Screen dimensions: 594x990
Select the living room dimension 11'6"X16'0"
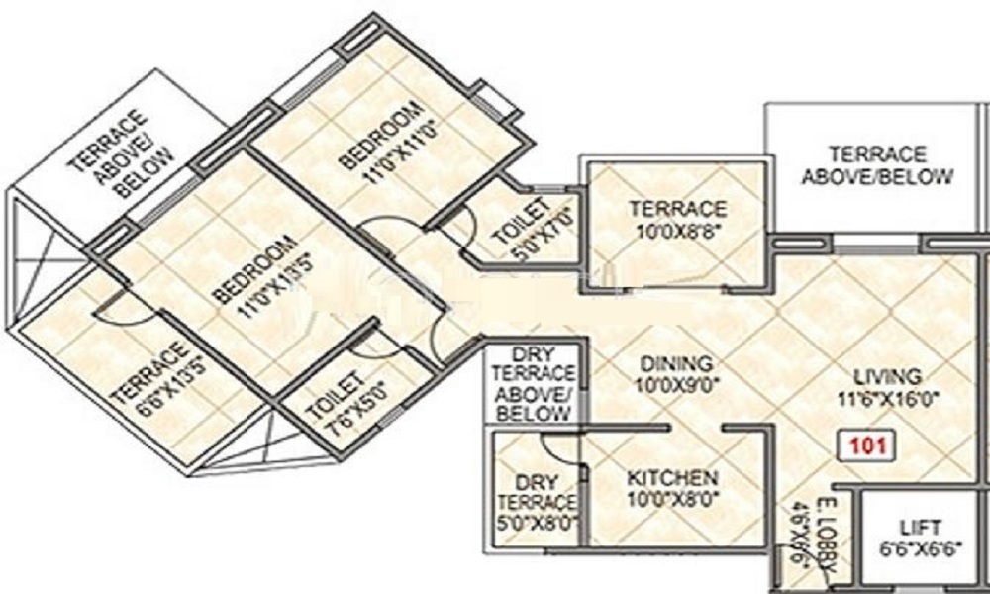(889, 398)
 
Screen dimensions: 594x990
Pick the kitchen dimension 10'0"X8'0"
(673, 498)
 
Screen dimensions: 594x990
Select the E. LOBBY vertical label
(831, 540)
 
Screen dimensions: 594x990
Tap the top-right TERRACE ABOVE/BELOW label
(877, 166)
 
